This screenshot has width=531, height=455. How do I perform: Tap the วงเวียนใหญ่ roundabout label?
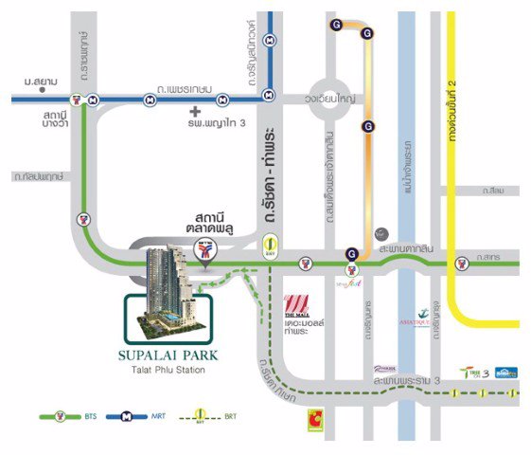343,96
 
